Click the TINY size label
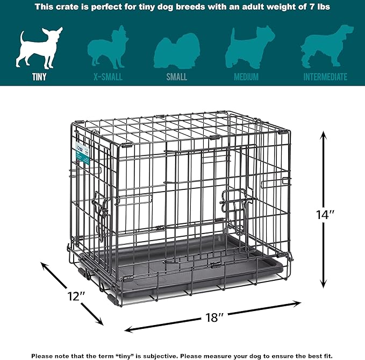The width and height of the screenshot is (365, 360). click(x=39, y=77)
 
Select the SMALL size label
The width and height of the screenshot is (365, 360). click(x=177, y=77)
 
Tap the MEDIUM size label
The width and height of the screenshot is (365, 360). click(x=246, y=77)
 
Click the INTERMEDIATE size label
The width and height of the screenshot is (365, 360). click(x=325, y=77)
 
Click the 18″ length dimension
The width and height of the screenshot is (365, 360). click(x=214, y=317)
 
